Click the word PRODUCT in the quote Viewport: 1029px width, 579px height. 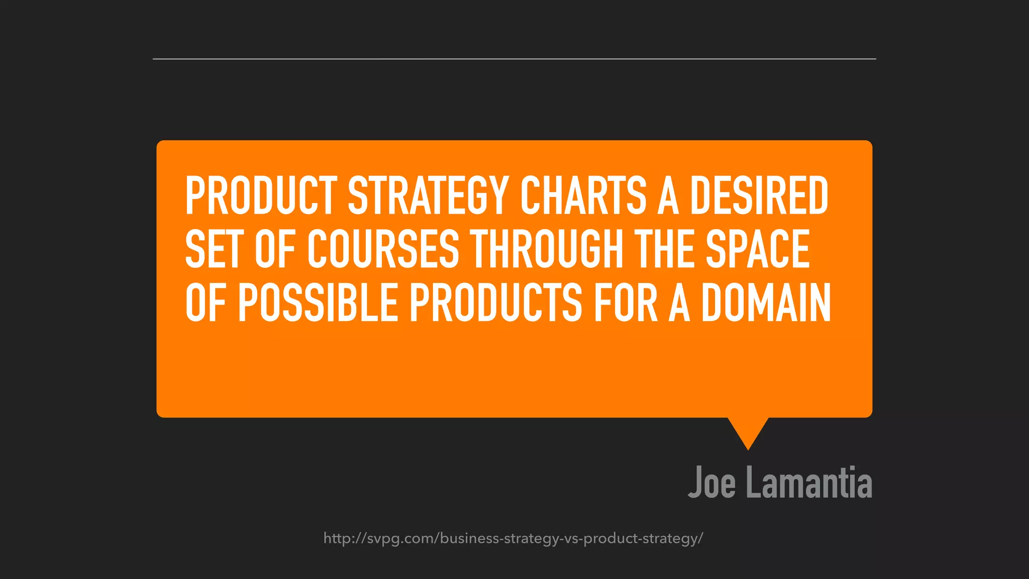pyautogui.click(x=261, y=196)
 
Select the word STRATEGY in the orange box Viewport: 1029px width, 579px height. pyautogui.click(x=428, y=196)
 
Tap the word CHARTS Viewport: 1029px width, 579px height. pyautogui.click(x=583, y=196)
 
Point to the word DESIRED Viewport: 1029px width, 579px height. pyautogui.click(x=759, y=196)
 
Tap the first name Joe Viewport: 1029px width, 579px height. pyautogui.click(x=712, y=482)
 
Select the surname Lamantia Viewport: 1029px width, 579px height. pyautogui.click(x=809, y=482)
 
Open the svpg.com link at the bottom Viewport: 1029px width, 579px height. pyautogui.click(x=513, y=538)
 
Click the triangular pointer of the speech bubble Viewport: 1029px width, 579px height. pyautogui.click(x=748, y=431)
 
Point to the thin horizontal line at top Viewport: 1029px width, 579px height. pyautogui.click(x=514, y=59)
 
